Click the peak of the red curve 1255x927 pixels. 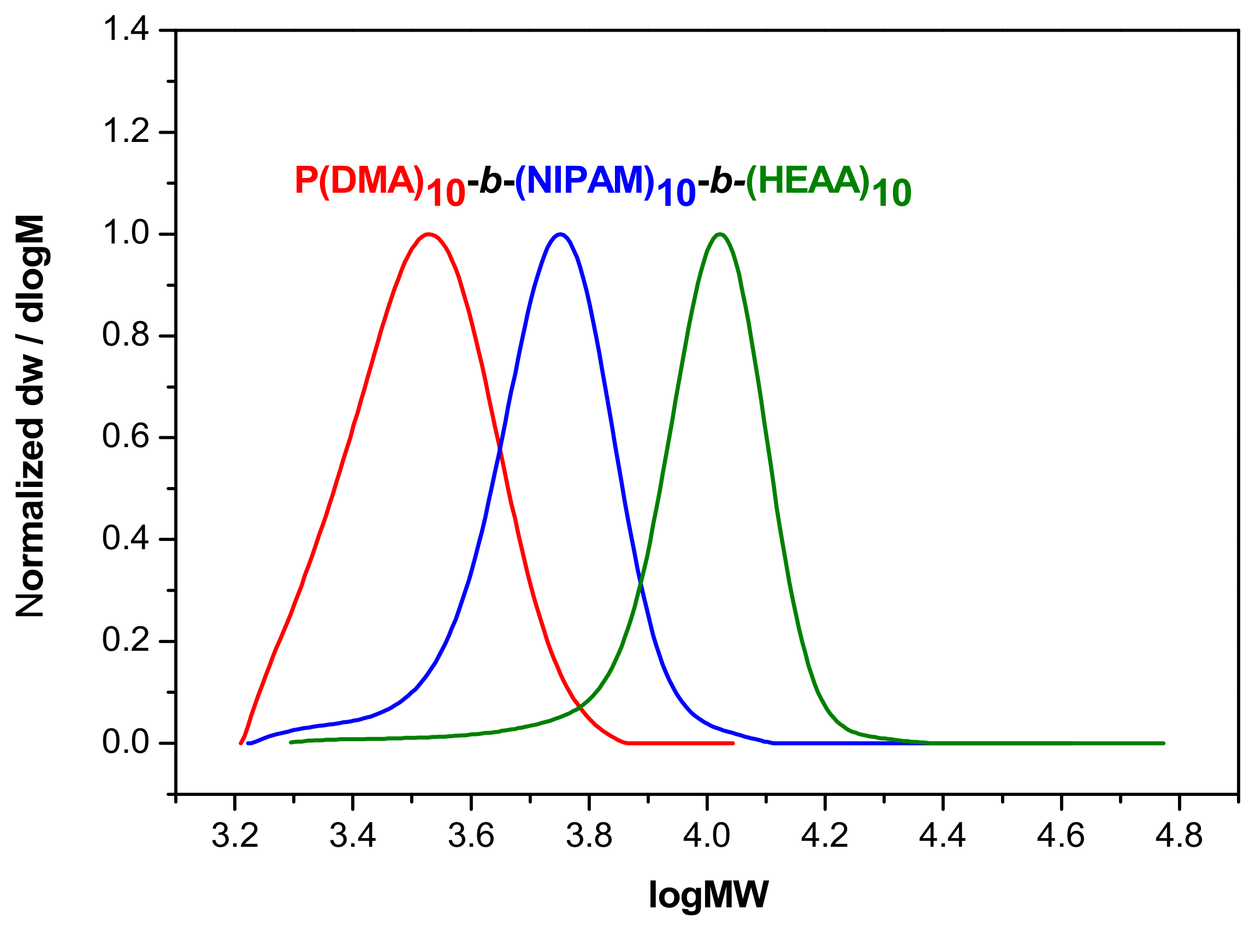click(429, 234)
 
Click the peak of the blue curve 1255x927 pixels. click(560, 234)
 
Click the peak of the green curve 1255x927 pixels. click(720, 234)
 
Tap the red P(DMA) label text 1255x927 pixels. click(359, 181)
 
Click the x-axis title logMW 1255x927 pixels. click(708, 894)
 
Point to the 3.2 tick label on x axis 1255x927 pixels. click(235, 836)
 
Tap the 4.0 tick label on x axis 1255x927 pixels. click(707, 836)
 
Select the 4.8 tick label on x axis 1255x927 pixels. click(1179, 836)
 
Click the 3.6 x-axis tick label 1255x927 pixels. click(471, 836)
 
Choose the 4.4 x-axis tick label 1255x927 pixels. click(943, 836)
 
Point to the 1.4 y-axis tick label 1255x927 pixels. click(126, 29)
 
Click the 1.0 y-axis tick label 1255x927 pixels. click(126, 233)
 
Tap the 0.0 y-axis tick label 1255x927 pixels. click(126, 742)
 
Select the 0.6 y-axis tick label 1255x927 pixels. click(126, 437)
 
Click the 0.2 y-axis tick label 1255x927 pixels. click(126, 640)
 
